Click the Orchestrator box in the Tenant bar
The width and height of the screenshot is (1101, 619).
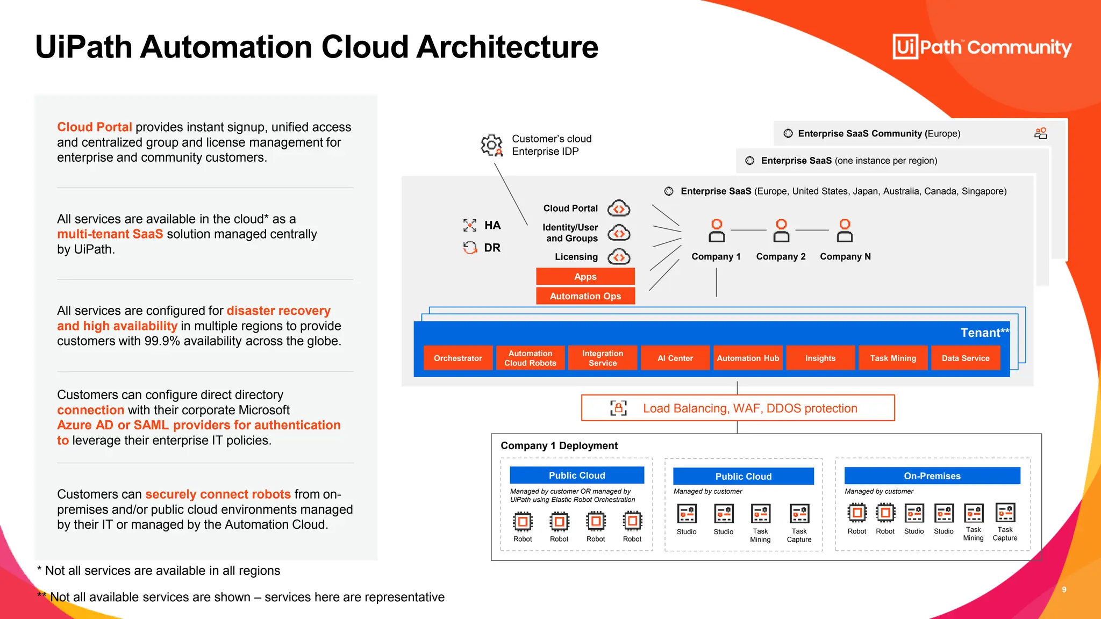point(457,358)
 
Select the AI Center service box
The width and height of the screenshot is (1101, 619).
point(675,358)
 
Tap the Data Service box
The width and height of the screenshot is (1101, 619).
point(966,358)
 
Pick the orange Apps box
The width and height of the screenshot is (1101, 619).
point(585,276)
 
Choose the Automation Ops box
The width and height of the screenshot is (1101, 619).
point(585,296)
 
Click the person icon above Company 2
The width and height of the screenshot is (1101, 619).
point(781,231)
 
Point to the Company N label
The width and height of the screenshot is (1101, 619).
point(845,257)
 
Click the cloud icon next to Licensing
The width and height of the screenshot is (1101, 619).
point(619,257)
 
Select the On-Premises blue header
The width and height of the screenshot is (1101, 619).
point(932,476)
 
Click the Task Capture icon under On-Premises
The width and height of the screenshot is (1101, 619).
point(1005,513)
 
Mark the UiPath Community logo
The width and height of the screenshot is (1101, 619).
point(982,47)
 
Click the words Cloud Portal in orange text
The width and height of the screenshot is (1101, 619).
point(95,127)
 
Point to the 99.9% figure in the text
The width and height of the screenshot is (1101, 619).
point(162,341)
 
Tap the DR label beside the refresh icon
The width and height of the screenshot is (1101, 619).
point(492,248)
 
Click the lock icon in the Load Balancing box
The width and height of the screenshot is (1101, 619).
point(618,408)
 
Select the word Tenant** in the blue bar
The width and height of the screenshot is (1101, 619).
point(985,333)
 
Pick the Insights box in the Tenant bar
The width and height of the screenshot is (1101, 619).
point(820,358)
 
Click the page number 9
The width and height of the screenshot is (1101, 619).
point(1064,590)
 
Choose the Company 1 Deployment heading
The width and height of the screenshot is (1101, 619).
point(559,445)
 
